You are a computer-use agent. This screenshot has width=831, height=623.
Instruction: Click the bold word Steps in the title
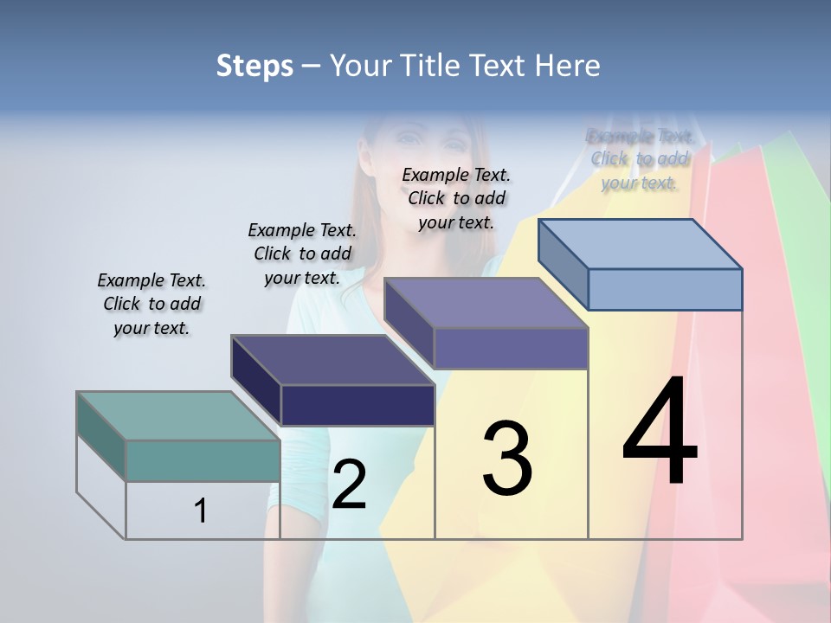[x=254, y=66]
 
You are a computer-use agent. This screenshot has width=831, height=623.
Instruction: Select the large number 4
[x=660, y=433]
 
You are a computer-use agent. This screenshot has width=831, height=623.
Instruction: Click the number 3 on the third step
[x=507, y=459]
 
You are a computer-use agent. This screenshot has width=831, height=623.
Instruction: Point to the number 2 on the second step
[x=349, y=485]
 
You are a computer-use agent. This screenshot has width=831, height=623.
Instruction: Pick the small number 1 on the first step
[x=201, y=511]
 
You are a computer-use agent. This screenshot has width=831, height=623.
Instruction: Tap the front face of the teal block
[x=203, y=460]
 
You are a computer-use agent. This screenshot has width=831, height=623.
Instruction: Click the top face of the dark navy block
[x=332, y=359]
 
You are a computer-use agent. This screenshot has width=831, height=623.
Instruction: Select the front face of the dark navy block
[x=358, y=405]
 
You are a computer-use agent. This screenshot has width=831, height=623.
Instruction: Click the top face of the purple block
[x=486, y=303]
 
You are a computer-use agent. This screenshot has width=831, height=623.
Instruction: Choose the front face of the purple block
[x=511, y=348]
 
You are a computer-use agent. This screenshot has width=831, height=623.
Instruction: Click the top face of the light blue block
[x=640, y=243]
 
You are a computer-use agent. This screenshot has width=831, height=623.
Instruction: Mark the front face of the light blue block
[x=665, y=289]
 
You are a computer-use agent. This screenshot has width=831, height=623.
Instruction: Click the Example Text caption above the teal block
[x=151, y=304]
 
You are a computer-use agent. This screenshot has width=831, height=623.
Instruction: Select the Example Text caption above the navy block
[x=302, y=254]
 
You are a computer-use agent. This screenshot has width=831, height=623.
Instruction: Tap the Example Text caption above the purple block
[x=456, y=198]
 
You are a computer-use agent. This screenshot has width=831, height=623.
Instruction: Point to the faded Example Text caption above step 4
[x=640, y=159]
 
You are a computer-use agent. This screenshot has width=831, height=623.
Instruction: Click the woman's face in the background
[x=416, y=138]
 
